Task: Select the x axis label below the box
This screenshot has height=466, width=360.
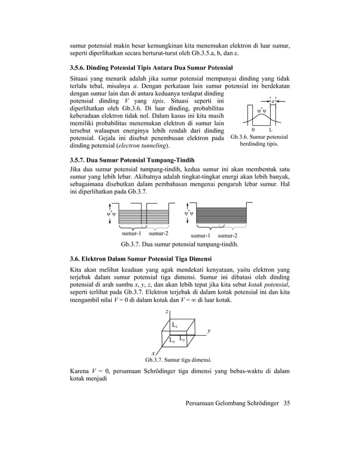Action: coord(153,353)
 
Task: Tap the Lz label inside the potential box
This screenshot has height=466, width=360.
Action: coord(175,326)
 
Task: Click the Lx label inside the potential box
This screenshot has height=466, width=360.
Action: coord(173,341)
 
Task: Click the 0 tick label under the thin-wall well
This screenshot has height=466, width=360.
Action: coord(252,130)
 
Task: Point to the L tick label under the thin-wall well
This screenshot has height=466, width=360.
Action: coord(271,130)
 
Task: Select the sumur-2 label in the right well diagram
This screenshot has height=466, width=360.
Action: coord(227,235)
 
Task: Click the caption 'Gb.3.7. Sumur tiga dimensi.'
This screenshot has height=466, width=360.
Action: coord(178,359)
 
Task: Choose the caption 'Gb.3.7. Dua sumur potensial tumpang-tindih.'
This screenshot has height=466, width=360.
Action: coord(180,245)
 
